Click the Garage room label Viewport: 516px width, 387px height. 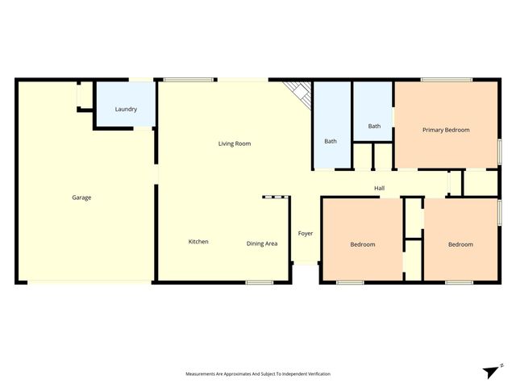[x=81, y=198]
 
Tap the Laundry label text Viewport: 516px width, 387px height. [x=126, y=109]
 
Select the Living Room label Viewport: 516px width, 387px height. [x=235, y=144]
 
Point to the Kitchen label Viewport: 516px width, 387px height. [x=198, y=242]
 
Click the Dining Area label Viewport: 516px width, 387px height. [x=262, y=243]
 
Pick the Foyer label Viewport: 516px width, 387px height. [x=306, y=234]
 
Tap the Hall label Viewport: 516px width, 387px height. [x=379, y=189]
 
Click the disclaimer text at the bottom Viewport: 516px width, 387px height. [x=258, y=374]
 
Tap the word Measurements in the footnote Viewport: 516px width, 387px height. [x=202, y=374]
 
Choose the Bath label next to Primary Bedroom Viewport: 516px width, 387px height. [x=374, y=126]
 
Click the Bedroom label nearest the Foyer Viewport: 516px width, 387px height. [x=362, y=244]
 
